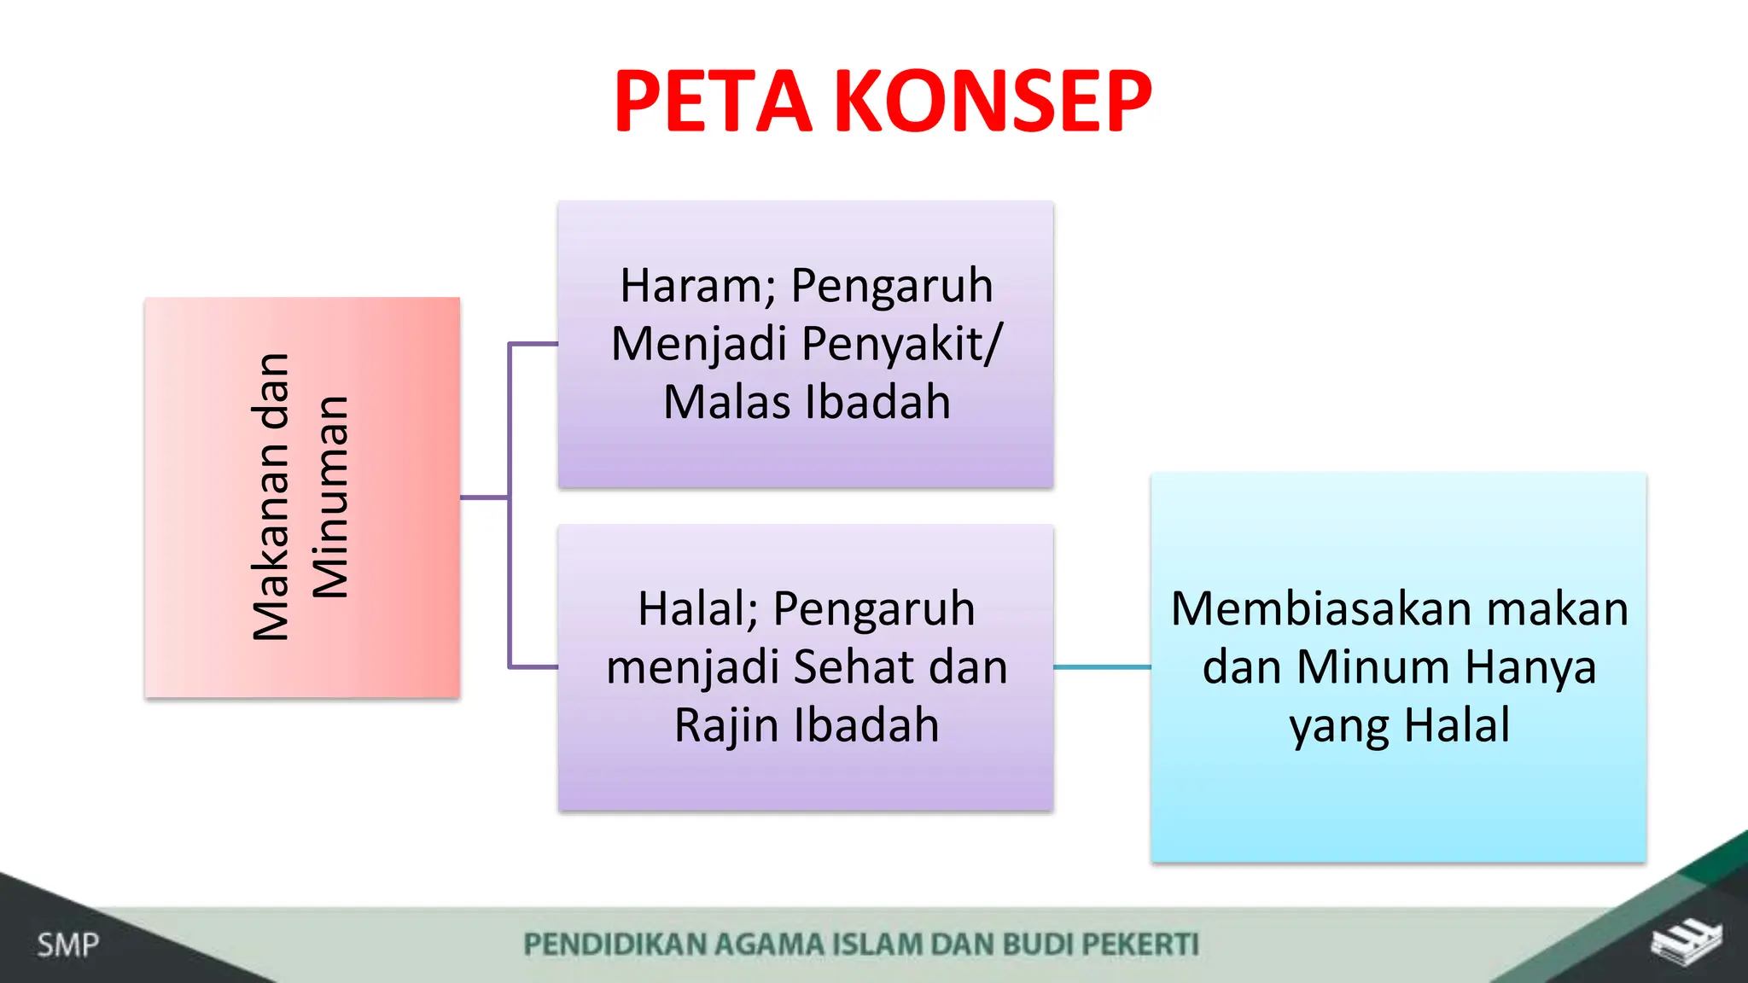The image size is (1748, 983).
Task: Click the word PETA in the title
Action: coord(713,102)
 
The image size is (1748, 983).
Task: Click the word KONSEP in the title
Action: coord(993,102)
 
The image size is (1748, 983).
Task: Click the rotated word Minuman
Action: coord(330,497)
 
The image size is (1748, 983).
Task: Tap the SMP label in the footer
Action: coord(68,945)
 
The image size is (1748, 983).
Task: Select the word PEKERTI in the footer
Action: coord(1140,945)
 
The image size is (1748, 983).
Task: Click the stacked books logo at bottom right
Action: coord(1686,942)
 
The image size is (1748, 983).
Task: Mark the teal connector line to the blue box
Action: coord(1102,667)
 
